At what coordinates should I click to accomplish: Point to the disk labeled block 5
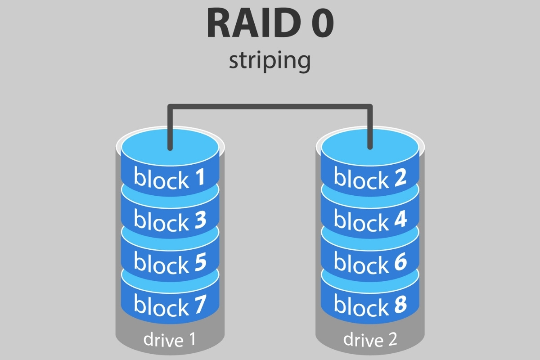(x=170, y=262)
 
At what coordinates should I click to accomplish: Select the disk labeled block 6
(x=370, y=262)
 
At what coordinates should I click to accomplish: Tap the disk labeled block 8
(x=370, y=305)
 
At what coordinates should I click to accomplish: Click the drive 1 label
(x=170, y=339)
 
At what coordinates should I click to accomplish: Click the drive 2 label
(x=370, y=339)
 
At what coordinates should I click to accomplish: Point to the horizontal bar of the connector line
(x=270, y=107)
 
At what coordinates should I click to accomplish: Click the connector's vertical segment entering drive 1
(x=170, y=128)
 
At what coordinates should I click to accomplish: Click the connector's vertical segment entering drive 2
(x=370, y=128)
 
